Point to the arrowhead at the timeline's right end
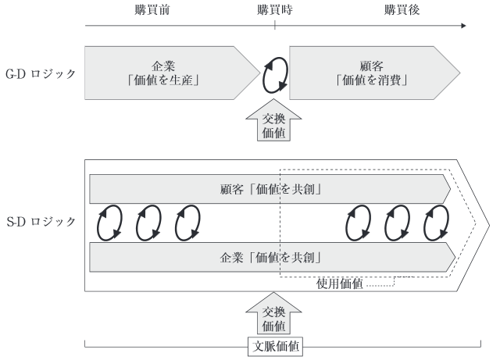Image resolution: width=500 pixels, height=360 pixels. point(463,26)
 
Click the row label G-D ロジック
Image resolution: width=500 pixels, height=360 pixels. point(40,73)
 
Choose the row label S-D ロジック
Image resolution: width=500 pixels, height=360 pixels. point(40,222)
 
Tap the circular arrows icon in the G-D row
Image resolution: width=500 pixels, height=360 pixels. point(275,73)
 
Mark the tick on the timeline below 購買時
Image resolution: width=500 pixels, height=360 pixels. point(275,26)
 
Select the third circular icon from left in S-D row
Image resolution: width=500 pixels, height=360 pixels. point(187,223)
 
